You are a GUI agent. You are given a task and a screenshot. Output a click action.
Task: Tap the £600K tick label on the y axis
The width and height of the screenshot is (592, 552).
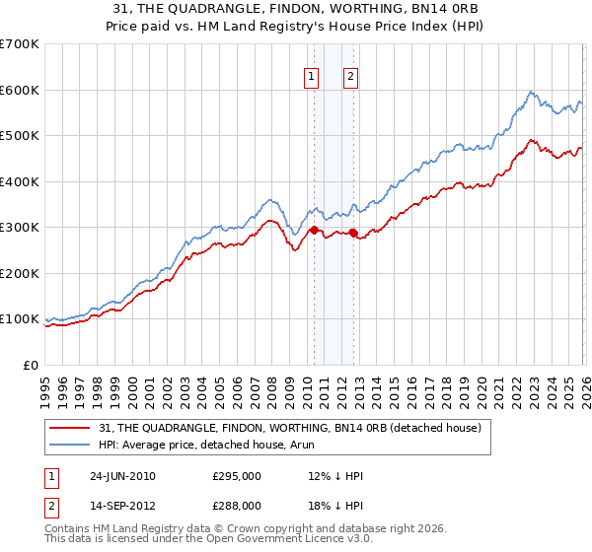tap(19, 90)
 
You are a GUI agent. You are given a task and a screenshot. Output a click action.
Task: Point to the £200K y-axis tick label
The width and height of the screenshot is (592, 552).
tap(19, 273)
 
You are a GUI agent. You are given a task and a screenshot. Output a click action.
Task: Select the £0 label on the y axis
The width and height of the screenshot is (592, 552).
tap(30, 365)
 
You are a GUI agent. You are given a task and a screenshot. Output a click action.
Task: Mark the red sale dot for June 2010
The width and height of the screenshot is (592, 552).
tap(314, 230)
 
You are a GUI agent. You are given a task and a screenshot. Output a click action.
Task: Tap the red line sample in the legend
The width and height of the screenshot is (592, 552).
tap(69, 428)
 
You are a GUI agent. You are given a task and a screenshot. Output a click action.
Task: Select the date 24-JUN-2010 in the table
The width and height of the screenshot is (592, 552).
tap(122, 476)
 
